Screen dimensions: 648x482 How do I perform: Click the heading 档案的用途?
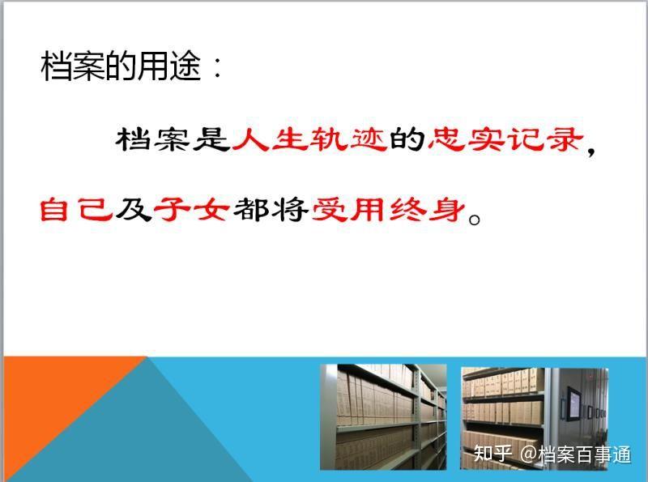(121, 66)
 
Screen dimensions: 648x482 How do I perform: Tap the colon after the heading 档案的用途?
(217, 66)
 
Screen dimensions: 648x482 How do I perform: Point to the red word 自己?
(75, 210)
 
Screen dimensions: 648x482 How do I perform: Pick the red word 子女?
(191, 210)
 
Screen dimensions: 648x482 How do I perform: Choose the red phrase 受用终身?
(389, 210)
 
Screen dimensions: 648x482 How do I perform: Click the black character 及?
(133, 210)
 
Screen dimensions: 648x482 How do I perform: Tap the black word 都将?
(271, 210)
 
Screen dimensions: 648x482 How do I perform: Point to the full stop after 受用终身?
(475, 218)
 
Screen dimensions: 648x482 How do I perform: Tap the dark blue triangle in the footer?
(136, 430)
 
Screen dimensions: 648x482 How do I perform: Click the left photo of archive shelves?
(383, 416)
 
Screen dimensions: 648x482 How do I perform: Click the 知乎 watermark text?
(492, 454)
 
